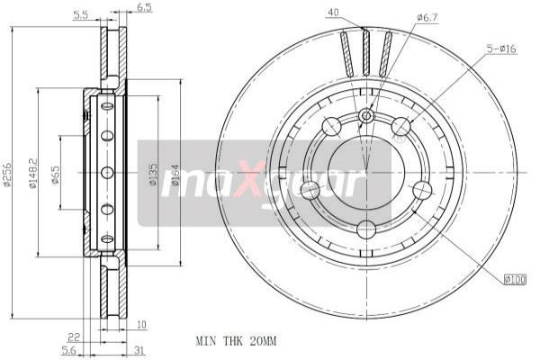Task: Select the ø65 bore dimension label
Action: [56, 174]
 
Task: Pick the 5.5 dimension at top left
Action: [79, 14]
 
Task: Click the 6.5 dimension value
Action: [144, 8]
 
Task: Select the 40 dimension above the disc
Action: [333, 13]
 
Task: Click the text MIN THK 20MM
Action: [236, 341]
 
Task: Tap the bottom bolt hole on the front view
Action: [366, 229]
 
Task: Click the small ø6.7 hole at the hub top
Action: [366, 116]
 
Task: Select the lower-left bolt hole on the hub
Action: [310, 190]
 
